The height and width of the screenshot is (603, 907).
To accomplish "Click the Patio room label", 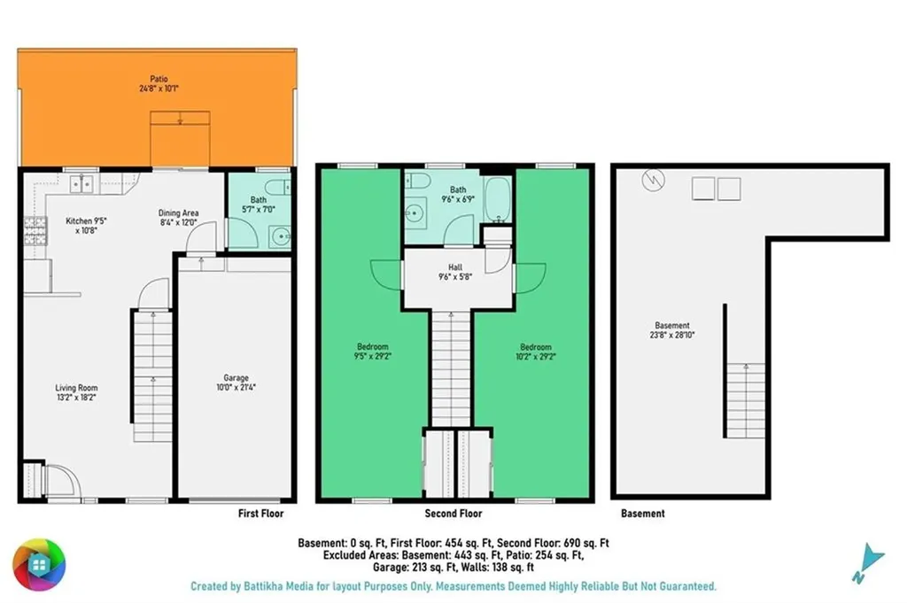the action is (159, 84).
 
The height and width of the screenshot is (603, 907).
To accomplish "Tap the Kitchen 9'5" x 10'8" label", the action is (86, 226).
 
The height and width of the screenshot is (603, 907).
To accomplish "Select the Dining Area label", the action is (178, 217).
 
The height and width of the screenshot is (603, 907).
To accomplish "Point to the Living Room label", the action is (76, 392).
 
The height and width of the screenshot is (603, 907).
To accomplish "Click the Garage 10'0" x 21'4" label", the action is (236, 383).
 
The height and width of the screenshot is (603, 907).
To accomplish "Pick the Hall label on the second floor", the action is (455, 273).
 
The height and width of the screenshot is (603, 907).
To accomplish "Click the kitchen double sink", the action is (81, 184).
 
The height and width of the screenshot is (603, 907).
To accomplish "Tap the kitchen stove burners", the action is (35, 231).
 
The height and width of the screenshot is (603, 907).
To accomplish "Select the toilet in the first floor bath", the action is (278, 187).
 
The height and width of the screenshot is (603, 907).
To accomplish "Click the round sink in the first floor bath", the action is (281, 236).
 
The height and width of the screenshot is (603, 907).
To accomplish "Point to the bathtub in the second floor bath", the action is (498, 199).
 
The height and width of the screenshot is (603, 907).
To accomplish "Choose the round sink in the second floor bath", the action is (415, 213).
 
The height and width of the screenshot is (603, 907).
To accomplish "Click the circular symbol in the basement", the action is (653, 181).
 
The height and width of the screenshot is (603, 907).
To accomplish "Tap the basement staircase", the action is (746, 400).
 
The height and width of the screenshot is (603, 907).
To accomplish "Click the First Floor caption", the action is (261, 514).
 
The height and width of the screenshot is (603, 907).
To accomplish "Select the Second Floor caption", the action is (453, 514).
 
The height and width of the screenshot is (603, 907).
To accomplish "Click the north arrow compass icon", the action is (868, 562).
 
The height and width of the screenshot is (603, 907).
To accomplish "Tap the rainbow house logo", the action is (39, 565).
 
